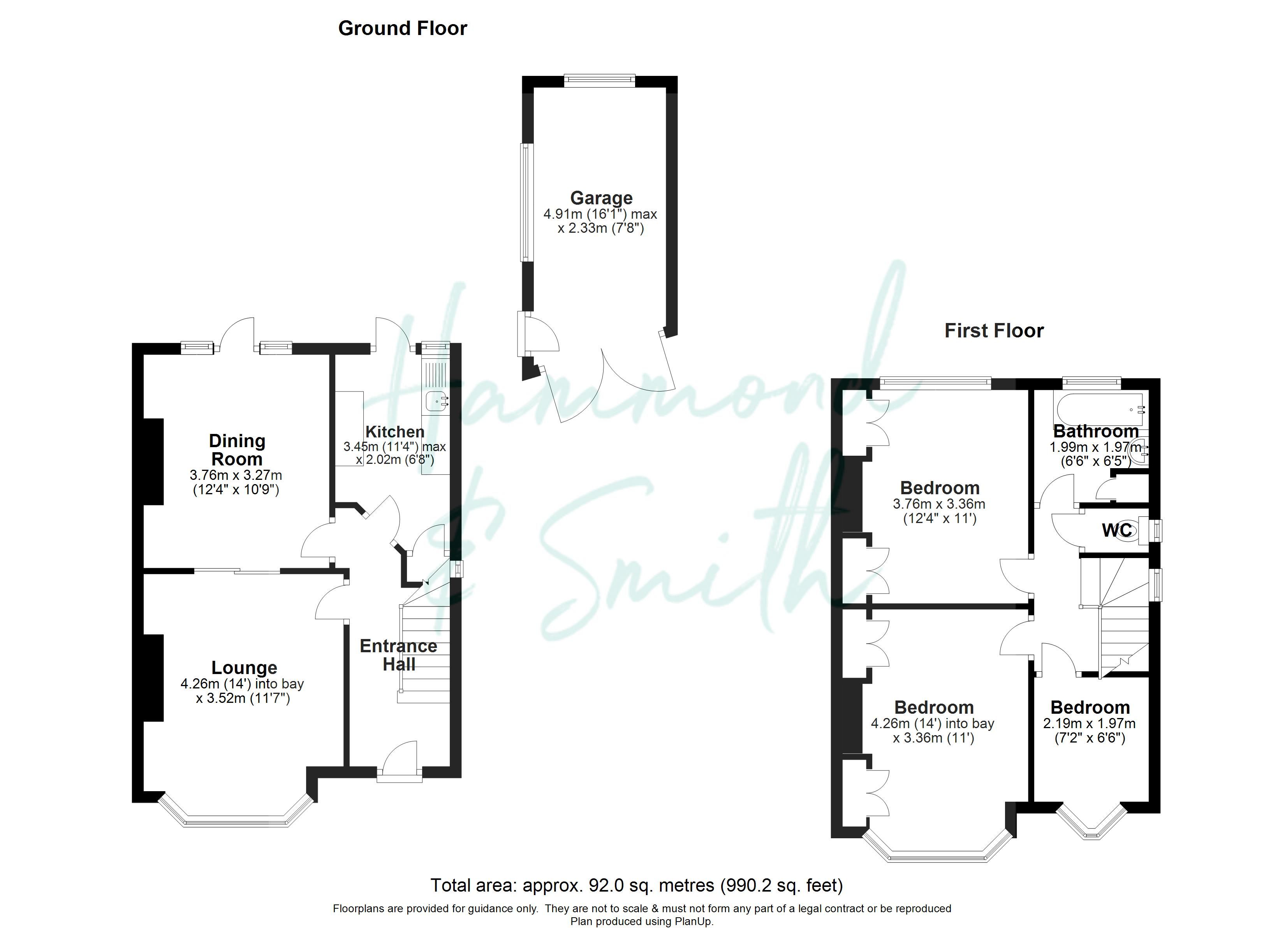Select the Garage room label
pos(601,198)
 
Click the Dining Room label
pos(237,450)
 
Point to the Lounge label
pos(244,668)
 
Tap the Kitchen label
pos(395,432)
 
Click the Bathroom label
pos(1096,432)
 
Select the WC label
pos(1117,530)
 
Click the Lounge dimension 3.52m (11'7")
pos(243,699)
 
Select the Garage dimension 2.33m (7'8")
pos(601,228)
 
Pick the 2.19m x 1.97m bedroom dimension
pos(1090,723)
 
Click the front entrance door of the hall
pos(400,761)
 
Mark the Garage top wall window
pos(599,81)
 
